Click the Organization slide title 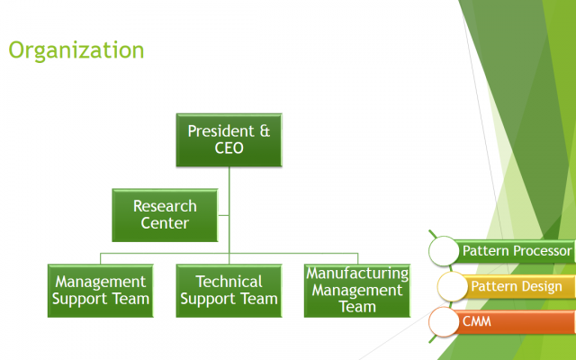point(76,50)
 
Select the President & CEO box point(229,140)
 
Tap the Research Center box point(165,215)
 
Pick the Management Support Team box point(100,291)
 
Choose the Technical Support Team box point(229,291)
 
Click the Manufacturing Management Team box point(357,291)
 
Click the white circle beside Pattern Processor point(444,251)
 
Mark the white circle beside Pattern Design point(452,286)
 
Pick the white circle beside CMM point(444,322)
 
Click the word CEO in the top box point(229,148)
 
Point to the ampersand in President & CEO point(265,131)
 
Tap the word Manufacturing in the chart point(357,274)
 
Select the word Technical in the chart point(229,282)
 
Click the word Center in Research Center point(165,223)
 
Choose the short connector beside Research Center point(223,215)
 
